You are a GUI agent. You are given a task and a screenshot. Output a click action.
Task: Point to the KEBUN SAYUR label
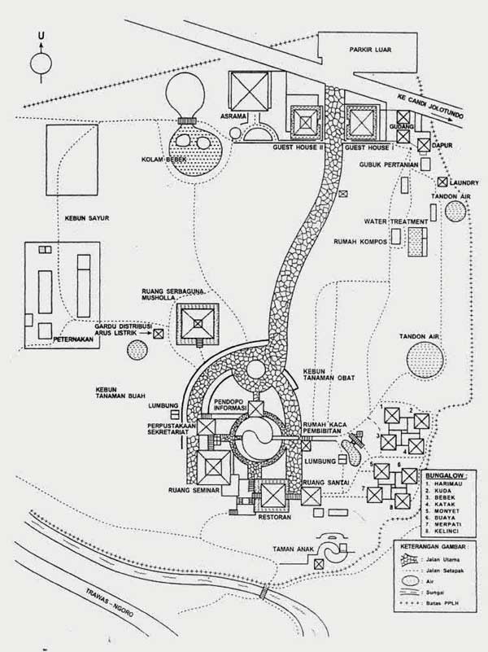pyautogui.click(x=82, y=217)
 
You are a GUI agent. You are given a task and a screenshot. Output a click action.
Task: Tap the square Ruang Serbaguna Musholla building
pyautogui.click(x=198, y=322)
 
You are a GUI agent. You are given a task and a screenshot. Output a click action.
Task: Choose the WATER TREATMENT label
pyautogui.click(x=397, y=221)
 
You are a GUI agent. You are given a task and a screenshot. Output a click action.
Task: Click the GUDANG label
pyautogui.click(x=403, y=128)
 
